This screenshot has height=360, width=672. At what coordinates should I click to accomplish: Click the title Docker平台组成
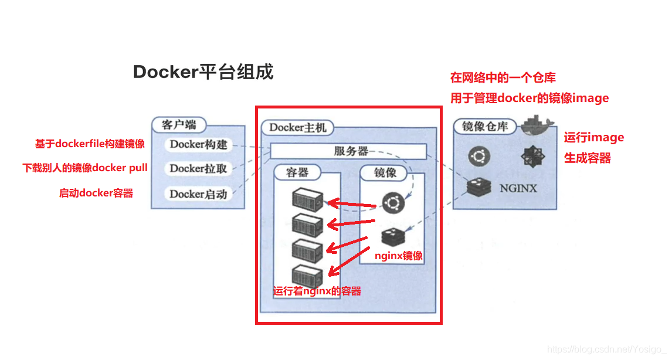[203, 72]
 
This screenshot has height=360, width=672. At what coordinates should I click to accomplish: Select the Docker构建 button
[198, 144]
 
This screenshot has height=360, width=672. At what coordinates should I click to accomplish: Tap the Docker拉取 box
[198, 168]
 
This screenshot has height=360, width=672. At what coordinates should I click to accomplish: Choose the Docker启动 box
[198, 193]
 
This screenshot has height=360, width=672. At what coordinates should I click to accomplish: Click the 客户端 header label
[179, 125]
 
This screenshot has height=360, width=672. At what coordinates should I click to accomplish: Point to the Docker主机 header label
[298, 127]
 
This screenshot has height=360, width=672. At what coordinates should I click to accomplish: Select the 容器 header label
[298, 172]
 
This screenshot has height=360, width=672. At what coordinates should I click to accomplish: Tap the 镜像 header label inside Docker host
[385, 172]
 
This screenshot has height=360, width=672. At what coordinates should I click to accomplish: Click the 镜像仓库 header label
[484, 126]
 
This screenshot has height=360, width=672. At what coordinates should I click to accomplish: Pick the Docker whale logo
[537, 125]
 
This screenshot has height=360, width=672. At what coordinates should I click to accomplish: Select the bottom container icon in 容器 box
[307, 276]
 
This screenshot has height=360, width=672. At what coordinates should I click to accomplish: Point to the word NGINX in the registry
[518, 189]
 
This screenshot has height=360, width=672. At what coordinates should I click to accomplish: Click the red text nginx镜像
[398, 256]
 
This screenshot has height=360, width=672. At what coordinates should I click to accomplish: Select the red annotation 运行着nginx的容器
[317, 291]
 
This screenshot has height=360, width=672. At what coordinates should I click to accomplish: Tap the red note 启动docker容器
[96, 193]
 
